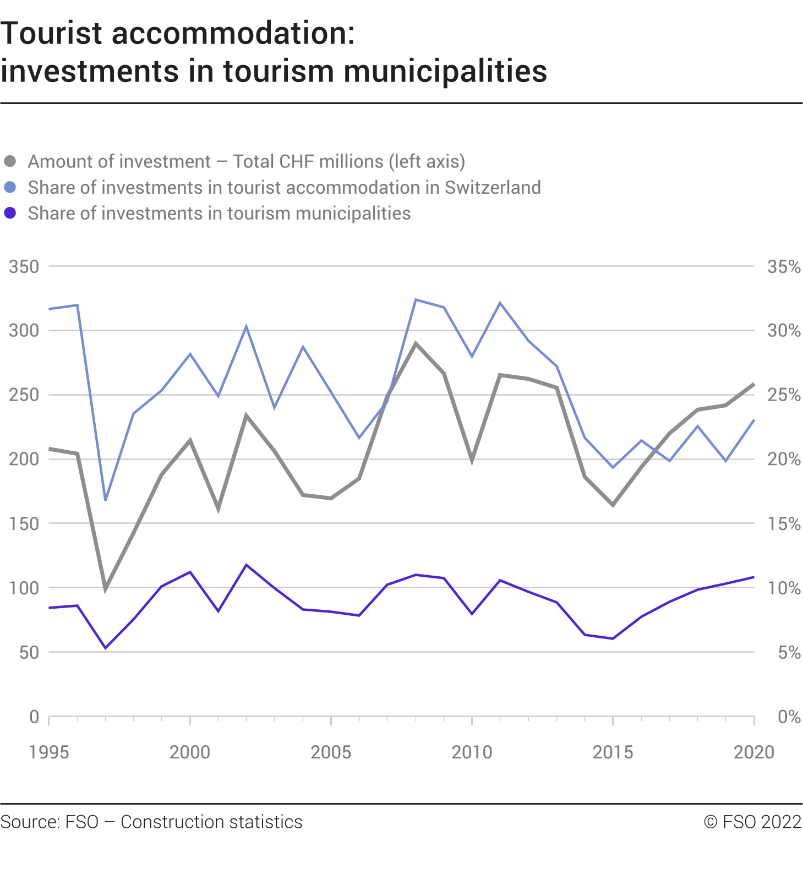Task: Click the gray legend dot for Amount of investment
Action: pyautogui.click(x=10, y=162)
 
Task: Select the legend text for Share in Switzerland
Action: pyautogui.click(x=284, y=188)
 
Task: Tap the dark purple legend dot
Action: pyautogui.click(x=10, y=213)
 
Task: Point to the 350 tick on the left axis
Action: pyautogui.click(x=24, y=267)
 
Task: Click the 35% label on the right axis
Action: pyautogui.click(x=784, y=267)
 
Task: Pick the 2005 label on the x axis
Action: pyautogui.click(x=331, y=752)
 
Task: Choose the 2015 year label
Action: pyautogui.click(x=613, y=752)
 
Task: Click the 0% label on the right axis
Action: pyautogui.click(x=789, y=717)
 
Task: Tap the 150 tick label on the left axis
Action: pyautogui.click(x=24, y=524)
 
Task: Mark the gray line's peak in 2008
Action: pyautogui.click(x=416, y=343)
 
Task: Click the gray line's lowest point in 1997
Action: pyautogui.click(x=106, y=589)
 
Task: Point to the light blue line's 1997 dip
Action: pyautogui.click(x=106, y=500)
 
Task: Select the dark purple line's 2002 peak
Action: pyautogui.click(x=246, y=565)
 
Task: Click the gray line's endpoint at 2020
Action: pyautogui.click(x=753, y=385)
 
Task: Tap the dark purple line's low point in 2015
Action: pyautogui.click(x=613, y=638)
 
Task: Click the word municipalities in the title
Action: pyautogui.click(x=445, y=72)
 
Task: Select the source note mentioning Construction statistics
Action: pyautogui.click(x=151, y=822)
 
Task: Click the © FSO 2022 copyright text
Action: pyautogui.click(x=752, y=822)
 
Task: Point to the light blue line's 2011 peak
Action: pyautogui.click(x=500, y=303)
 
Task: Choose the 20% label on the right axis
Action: pyautogui.click(x=784, y=460)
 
